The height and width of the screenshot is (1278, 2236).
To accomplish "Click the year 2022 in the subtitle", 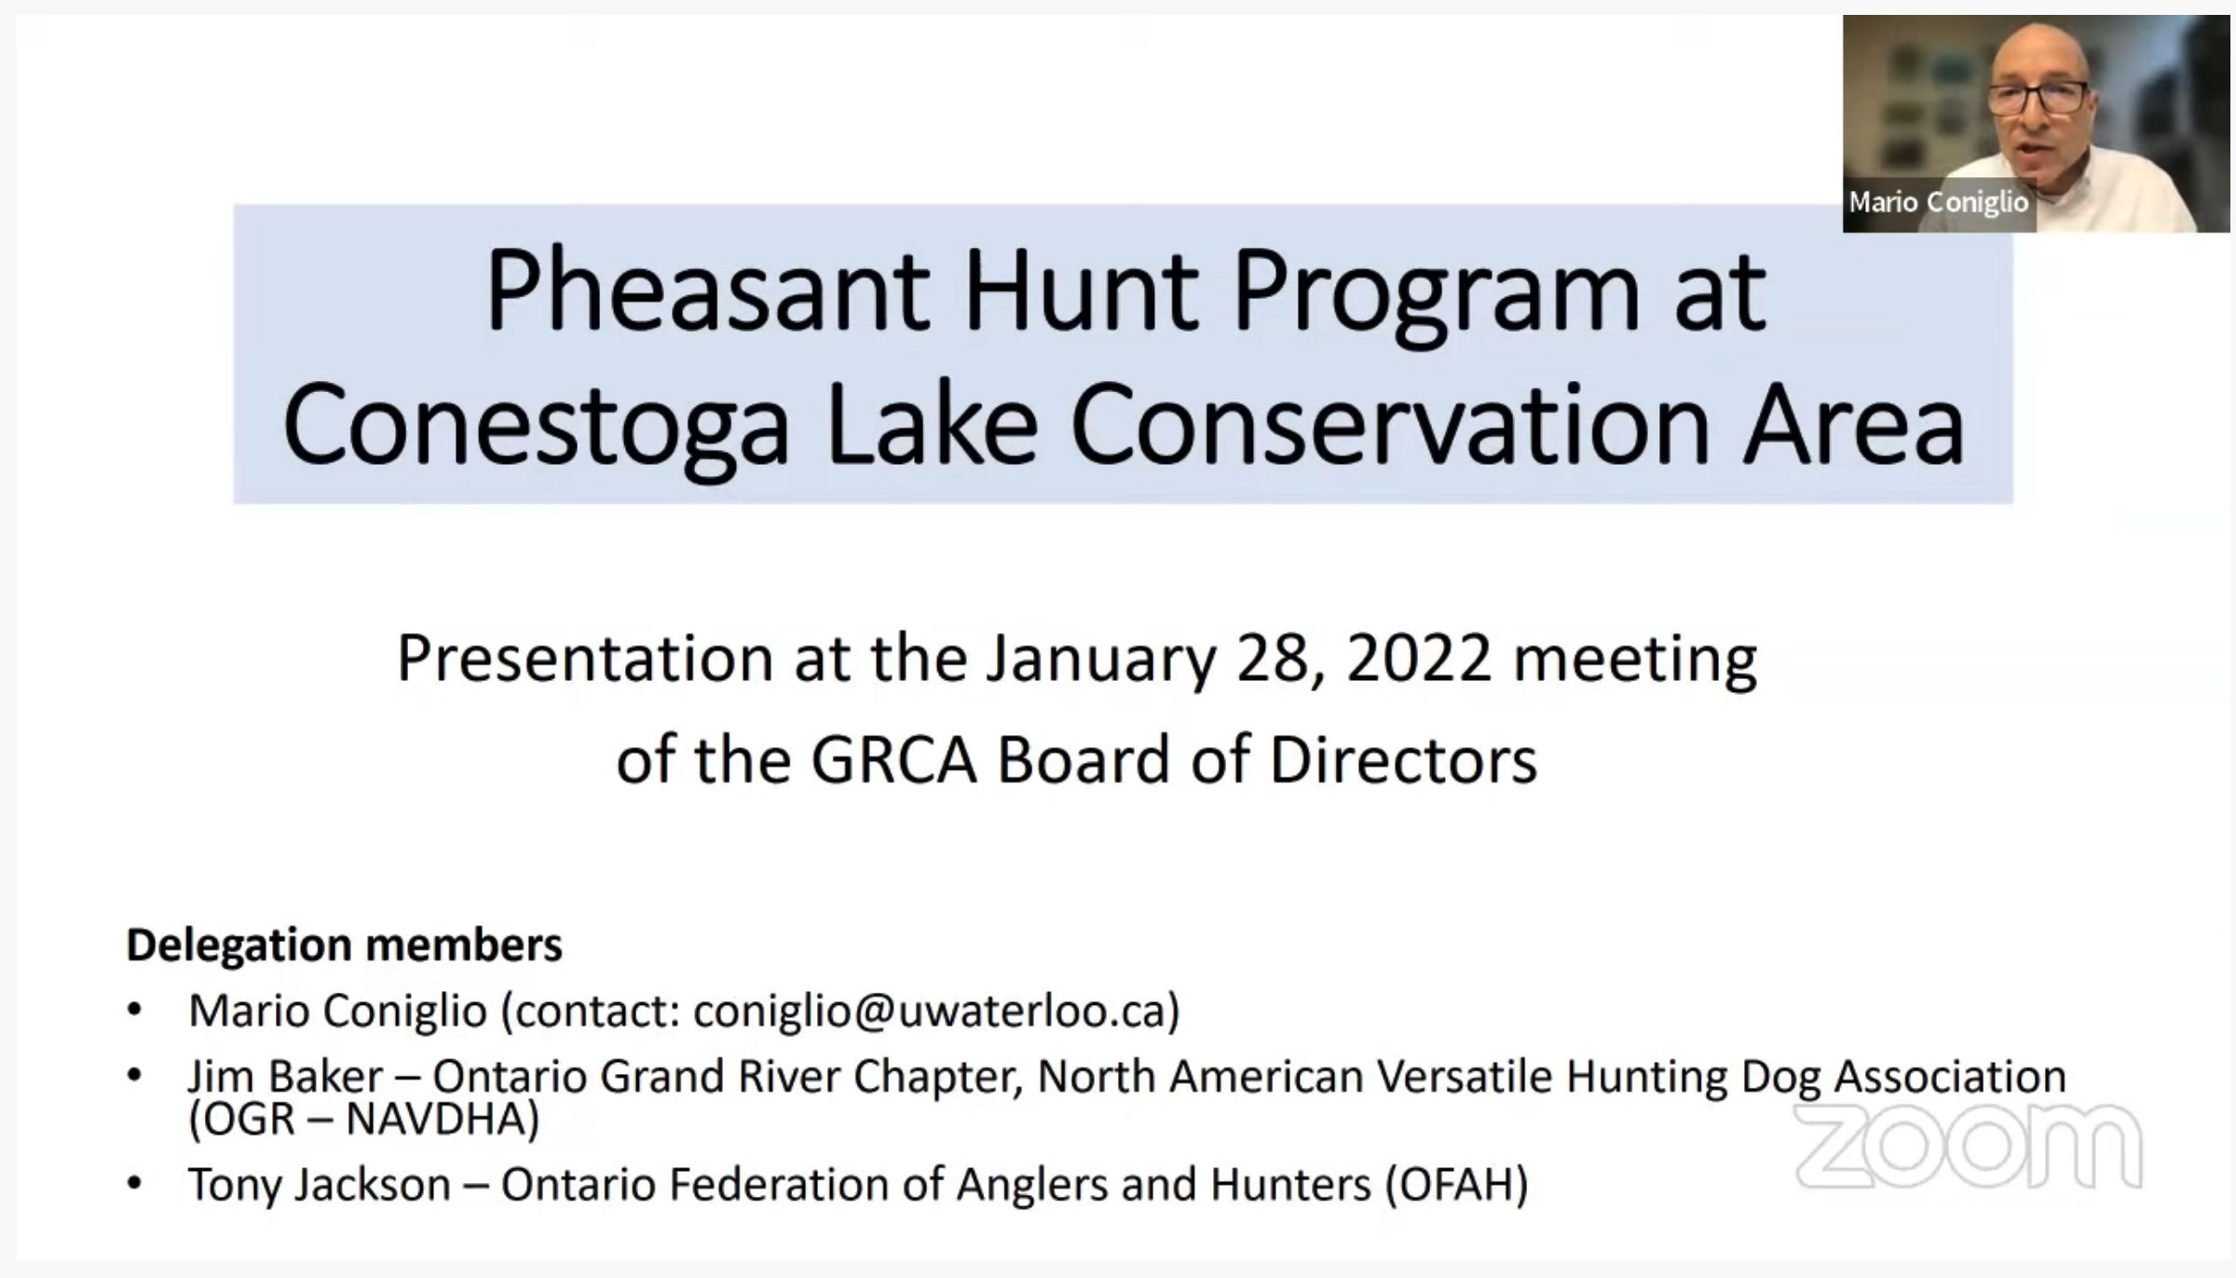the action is tap(1419, 658).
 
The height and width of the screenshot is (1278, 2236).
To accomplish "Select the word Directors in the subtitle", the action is tap(1403, 760).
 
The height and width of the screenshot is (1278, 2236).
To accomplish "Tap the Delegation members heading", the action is tap(345, 945).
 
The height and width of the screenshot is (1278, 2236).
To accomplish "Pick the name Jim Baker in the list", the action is tap(285, 1077).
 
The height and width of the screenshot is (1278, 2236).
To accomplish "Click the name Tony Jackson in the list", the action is tap(320, 1185).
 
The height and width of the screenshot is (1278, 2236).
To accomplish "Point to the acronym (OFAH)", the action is tap(1457, 1185).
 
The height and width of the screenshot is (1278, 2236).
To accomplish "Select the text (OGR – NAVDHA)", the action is tap(364, 1119).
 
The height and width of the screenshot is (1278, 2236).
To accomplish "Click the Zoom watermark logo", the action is tap(1968, 1146).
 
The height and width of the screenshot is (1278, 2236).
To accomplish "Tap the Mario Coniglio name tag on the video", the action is tap(1939, 202).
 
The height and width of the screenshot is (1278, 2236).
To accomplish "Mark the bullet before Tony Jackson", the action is tap(135, 1184).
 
